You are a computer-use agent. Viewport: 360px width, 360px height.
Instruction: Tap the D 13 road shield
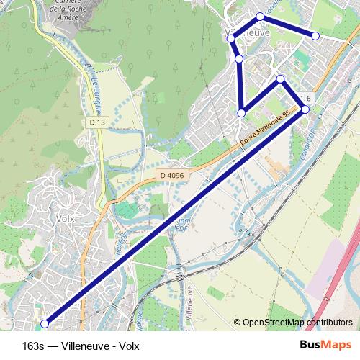point(97,123)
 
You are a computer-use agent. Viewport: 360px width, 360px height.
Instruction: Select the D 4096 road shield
point(172,175)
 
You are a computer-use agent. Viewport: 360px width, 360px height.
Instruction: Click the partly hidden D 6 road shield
point(306,98)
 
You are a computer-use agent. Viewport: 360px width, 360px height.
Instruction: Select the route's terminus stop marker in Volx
point(45,323)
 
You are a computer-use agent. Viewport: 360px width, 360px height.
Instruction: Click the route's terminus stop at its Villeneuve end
point(315,36)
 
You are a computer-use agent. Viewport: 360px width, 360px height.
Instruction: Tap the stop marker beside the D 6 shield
point(305,109)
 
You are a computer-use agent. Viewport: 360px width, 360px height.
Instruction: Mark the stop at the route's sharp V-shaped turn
point(242,112)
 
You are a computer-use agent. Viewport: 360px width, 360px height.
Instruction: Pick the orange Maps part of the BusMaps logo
point(339,345)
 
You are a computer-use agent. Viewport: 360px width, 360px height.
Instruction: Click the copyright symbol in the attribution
point(237,323)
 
